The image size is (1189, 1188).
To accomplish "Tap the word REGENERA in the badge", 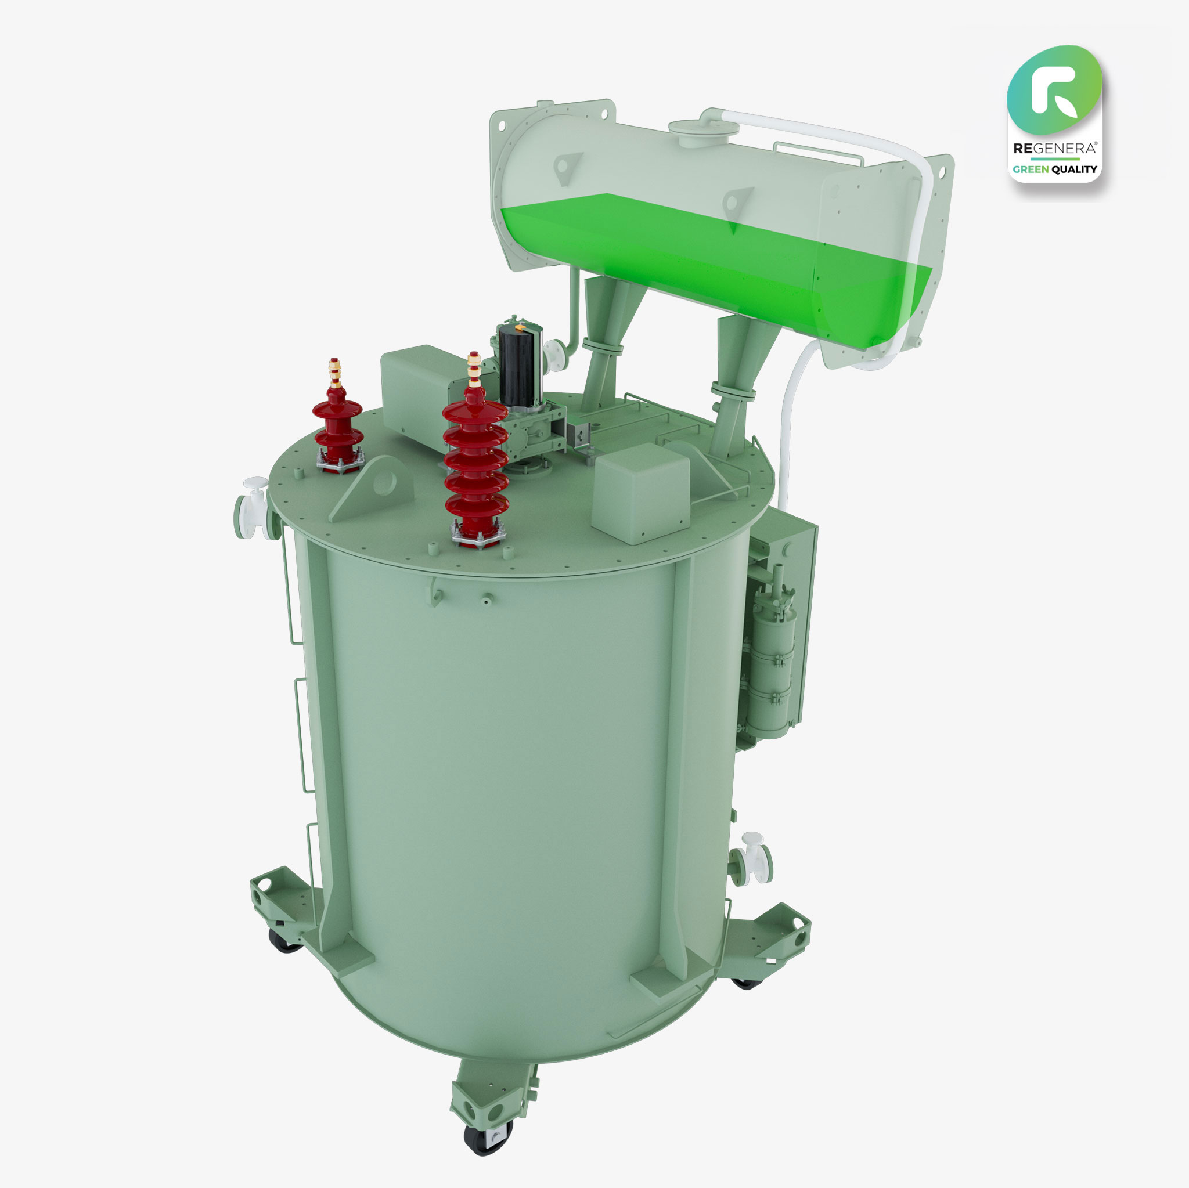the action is (x=1054, y=148).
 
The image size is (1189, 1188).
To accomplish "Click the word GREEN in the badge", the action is (x=1031, y=169).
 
